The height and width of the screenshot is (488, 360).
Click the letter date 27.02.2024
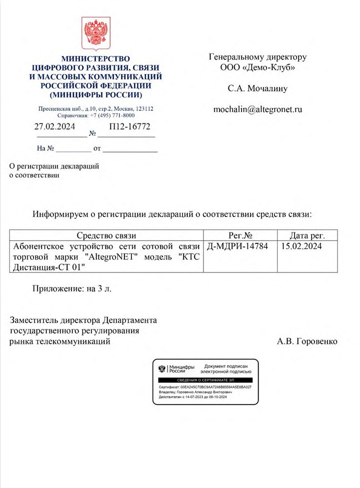[54, 126]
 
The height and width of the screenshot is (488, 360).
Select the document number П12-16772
[126, 126]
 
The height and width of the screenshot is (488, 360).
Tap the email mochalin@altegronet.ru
[258, 108]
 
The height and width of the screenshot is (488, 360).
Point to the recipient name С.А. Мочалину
[257, 88]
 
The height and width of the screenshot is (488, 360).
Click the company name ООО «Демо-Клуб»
[257, 67]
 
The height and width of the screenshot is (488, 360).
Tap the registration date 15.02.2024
[301, 246]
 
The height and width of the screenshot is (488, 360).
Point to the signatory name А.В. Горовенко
[307, 341]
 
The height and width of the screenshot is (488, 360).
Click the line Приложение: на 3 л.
[71, 289]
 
